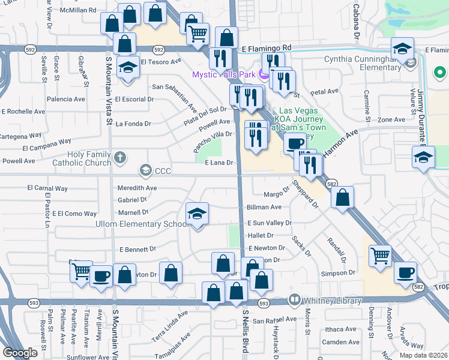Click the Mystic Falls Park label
click(x=223, y=74)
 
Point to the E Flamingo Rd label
click(x=267, y=47)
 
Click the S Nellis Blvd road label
click(x=245, y=331)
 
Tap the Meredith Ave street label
click(x=137, y=188)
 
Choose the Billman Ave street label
click(x=264, y=207)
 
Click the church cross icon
click(x=120, y=158)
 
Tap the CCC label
click(x=163, y=172)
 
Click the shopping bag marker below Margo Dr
click(x=342, y=197)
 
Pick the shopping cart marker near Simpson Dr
click(x=381, y=256)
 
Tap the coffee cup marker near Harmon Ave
click(x=295, y=143)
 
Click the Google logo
click(x=20, y=353)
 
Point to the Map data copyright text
click(x=424, y=355)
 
